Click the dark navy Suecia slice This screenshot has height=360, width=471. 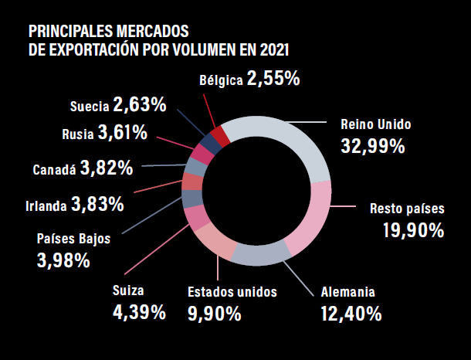click(208, 142)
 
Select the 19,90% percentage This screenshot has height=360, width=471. click(413, 230)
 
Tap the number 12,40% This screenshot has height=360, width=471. click(351, 314)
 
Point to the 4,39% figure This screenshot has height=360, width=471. click(140, 312)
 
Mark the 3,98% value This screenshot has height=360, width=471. click(63, 260)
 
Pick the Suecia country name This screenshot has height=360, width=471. click(89, 105)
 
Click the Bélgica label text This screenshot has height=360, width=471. click(220, 80)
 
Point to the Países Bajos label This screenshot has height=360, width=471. click(73, 239)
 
